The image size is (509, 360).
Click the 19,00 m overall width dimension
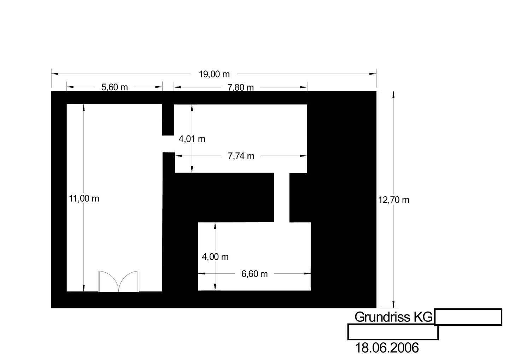tap(214, 74)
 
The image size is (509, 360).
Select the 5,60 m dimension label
tap(115, 87)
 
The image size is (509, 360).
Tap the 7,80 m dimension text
tap(240, 87)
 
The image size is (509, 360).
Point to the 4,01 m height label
tap(192, 139)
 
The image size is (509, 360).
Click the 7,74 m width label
tap(241, 156)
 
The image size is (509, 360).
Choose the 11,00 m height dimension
tap(84, 198)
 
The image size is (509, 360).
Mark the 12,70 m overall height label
tap(394, 200)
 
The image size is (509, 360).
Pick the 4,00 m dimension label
tap(215, 257)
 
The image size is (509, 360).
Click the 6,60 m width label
tap(255, 274)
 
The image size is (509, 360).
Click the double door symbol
tap(118, 281)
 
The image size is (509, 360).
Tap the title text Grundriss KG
tap(393, 317)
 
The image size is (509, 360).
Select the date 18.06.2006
tap(387, 348)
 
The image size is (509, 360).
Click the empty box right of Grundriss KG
tap(468, 317)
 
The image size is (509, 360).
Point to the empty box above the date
tap(393, 332)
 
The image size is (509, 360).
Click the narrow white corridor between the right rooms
tap(282, 197)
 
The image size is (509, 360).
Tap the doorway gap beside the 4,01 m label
tap(169, 144)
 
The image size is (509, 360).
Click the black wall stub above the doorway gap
tap(168, 120)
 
